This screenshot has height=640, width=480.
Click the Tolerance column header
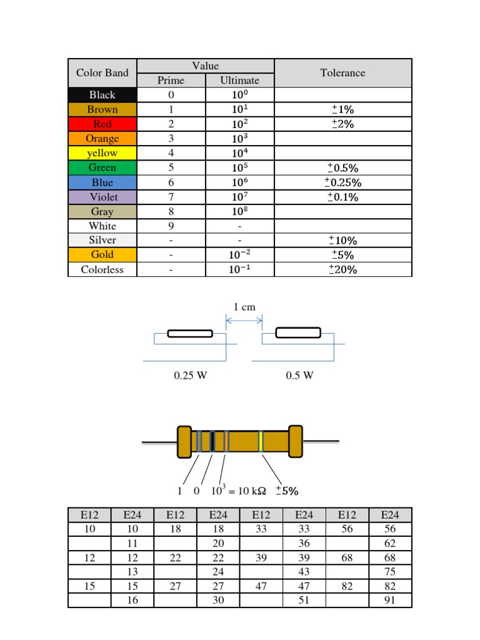click(x=343, y=72)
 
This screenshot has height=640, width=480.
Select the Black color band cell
click(x=102, y=95)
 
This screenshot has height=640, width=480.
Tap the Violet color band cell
click(x=102, y=197)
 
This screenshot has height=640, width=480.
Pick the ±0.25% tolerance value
click(x=343, y=182)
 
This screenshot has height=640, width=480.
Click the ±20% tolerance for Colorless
click(x=343, y=269)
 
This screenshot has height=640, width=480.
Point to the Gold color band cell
click(x=102, y=255)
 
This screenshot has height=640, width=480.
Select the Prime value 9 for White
click(x=171, y=226)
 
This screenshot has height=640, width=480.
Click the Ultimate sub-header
click(x=239, y=81)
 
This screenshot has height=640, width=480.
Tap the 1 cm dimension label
click(x=244, y=307)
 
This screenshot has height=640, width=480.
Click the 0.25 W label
click(x=191, y=376)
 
